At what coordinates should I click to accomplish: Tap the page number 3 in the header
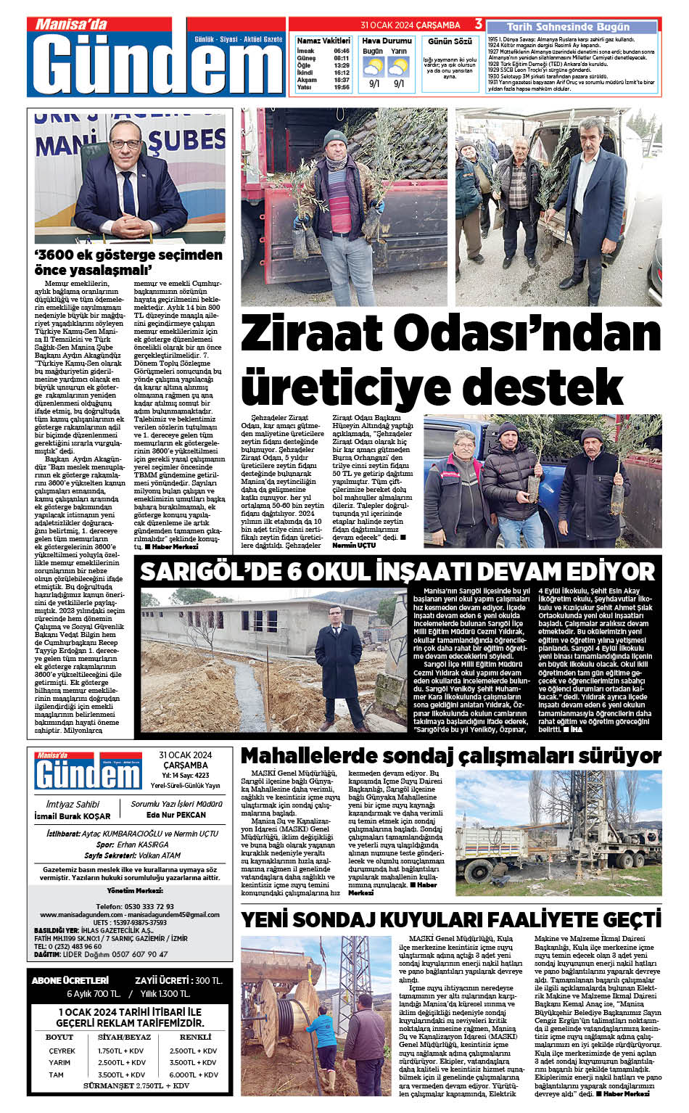pos(479,25)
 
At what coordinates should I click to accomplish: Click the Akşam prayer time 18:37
pos(342,80)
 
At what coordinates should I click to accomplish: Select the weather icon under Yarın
pos(398,67)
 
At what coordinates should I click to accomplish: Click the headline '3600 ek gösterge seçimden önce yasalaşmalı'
pos(128,262)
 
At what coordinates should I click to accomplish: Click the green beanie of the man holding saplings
pos(334,137)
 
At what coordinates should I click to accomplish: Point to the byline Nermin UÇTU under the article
pos(354,545)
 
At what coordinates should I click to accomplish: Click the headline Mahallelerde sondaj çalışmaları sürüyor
pos(450,756)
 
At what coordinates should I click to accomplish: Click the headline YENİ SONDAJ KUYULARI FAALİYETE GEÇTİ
pos(450,920)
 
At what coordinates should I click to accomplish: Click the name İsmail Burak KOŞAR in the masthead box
pos(73,816)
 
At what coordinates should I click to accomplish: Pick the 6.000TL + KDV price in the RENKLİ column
pos(194,1075)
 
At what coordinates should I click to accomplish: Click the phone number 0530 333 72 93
pos(146,906)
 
